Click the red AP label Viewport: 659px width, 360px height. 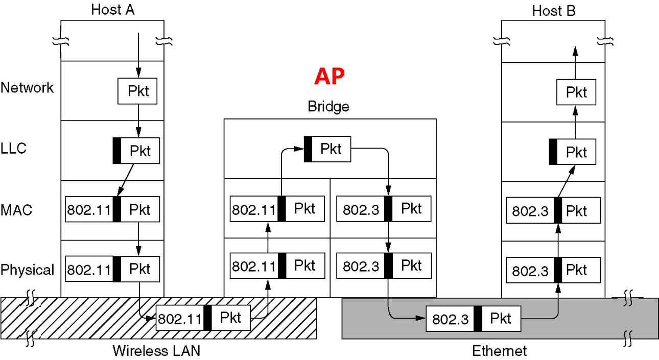329,76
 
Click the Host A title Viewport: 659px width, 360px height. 112,10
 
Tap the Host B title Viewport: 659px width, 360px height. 554,11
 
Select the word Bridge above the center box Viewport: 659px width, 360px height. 328,107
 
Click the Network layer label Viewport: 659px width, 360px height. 27,88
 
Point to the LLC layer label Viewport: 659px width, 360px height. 13,149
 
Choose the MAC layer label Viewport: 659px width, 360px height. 16,209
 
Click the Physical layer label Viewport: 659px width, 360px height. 27,270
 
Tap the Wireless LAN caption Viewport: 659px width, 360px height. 156,351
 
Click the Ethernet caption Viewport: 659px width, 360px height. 499,351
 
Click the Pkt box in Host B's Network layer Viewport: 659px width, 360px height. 576,92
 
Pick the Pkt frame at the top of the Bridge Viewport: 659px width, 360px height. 327,149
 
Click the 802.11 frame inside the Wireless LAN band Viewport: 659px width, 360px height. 203,318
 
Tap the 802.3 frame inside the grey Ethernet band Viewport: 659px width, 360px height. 473,319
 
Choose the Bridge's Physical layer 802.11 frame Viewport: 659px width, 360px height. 277,266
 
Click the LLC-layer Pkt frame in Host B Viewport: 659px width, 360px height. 572,152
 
